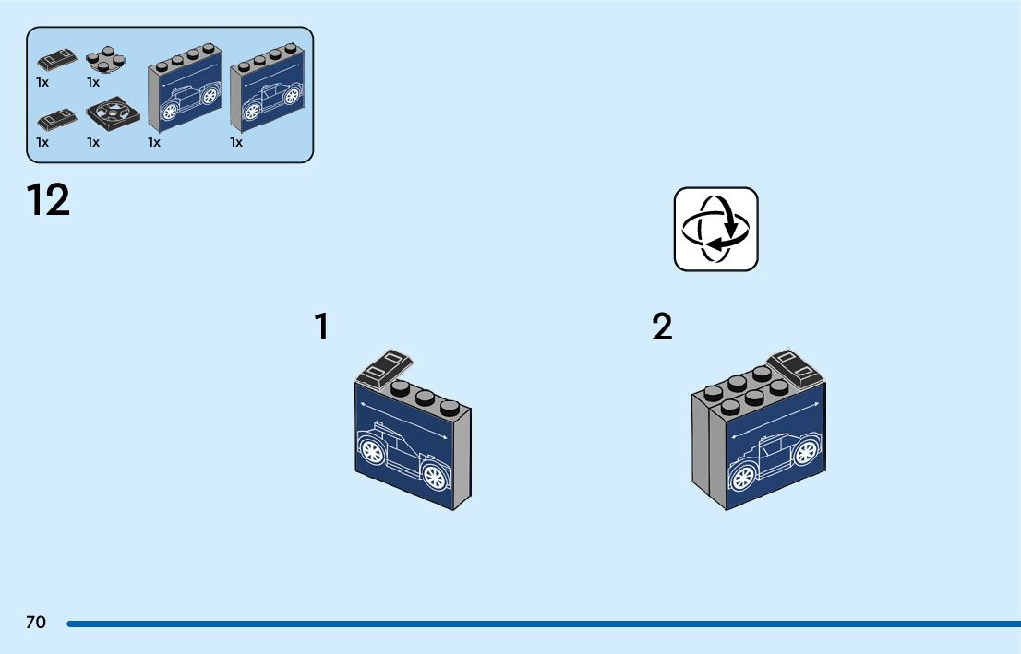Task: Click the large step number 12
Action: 48,201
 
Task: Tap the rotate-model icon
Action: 715,230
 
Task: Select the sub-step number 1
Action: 321,327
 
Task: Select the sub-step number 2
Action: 662,327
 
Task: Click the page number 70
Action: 36,623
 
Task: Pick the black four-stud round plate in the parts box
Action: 105,60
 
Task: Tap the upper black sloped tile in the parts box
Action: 57,59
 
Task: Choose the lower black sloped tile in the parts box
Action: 57,119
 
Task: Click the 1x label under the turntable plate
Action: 93,142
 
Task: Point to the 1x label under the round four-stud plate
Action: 93,82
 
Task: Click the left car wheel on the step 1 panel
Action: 372,452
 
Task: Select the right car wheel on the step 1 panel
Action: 433,477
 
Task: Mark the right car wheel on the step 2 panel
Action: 806,451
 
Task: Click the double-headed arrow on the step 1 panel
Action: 404,422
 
